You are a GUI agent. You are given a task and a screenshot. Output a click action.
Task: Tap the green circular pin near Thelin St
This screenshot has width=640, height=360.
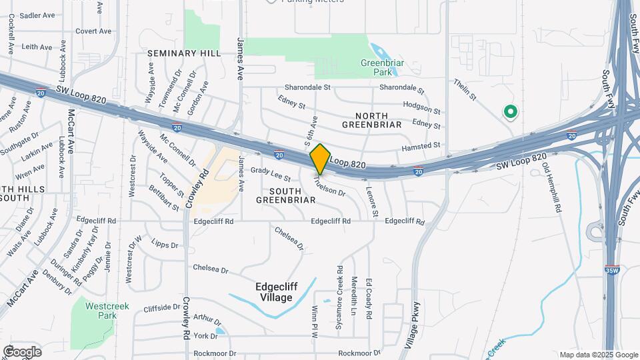[511, 113]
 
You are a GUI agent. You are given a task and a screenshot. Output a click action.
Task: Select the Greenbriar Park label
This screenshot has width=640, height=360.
[383, 67]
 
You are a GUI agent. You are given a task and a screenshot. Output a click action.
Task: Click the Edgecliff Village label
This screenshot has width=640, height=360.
[283, 292]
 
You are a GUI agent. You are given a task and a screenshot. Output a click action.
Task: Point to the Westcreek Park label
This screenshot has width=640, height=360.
[107, 312]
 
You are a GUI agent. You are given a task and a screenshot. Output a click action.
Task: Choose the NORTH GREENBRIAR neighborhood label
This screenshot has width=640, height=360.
[371, 119]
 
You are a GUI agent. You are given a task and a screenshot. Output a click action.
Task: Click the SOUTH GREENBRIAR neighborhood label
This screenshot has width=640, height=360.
[285, 195]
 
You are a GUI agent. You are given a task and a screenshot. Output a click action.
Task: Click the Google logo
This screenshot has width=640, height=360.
[22, 352]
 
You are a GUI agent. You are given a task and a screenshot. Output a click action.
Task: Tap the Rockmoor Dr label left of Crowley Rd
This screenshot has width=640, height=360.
[214, 353]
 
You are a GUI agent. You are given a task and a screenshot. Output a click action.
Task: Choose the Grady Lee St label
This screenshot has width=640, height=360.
[271, 175]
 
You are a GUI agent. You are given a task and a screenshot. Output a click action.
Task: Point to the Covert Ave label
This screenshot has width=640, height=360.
[93, 31]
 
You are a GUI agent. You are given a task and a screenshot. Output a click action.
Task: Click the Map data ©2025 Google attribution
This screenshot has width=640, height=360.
[598, 355]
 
